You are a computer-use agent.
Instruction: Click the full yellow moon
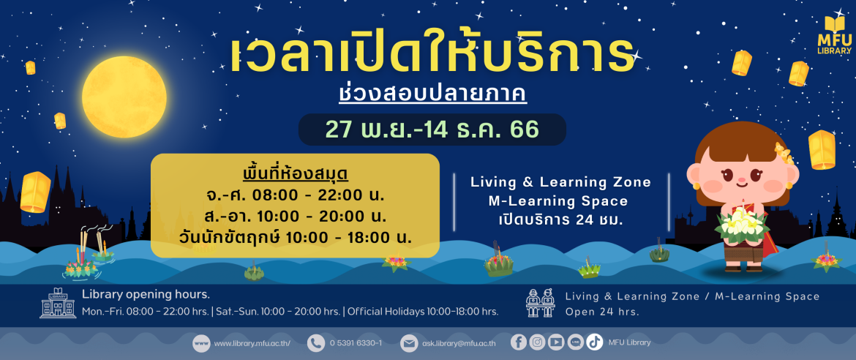[x=124, y=97]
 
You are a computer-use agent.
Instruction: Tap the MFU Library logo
[x=834, y=35]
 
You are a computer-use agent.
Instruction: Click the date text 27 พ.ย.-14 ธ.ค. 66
[x=432, y=130]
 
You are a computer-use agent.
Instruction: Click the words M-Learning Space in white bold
[x=558, y=201]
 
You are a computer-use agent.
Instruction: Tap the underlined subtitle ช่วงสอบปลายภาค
[x=432, y=93]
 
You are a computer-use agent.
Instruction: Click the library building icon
[x=58, y=303]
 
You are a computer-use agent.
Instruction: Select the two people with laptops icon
[x=540, y=303]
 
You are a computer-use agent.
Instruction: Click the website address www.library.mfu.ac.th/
[x=252, y=343]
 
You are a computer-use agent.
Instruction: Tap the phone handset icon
[x=315, y=343]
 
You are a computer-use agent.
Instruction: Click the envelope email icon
[x=408, y=343]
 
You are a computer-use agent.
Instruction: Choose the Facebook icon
[x=519, y=342]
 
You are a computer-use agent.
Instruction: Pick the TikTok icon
[x=595, y=342]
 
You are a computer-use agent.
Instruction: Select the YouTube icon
[x=556, y=342]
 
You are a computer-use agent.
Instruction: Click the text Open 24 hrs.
[x=602, y=312]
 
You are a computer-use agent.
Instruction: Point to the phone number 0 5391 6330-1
[x=356, y=343]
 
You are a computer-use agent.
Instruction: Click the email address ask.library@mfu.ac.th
[x=459, y=343]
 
